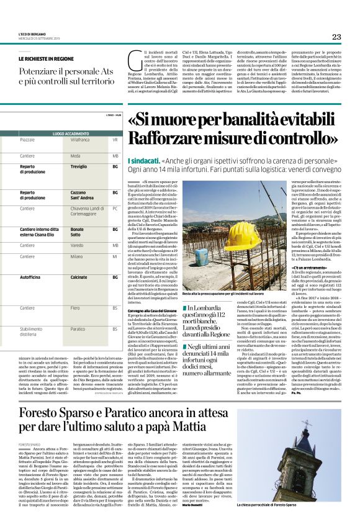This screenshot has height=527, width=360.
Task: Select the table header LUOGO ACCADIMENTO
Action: tap(71, 133)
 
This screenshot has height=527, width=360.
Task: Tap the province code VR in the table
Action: tap(115, 140)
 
